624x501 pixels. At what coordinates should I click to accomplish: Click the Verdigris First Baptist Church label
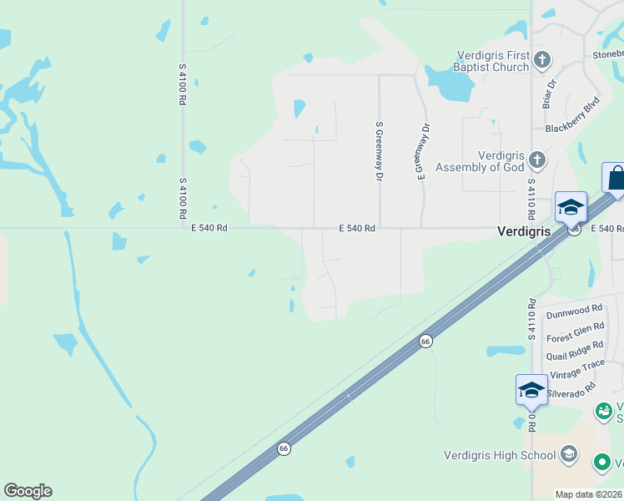pos(492,60)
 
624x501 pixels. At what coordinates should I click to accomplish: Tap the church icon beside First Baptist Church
pos(542,60)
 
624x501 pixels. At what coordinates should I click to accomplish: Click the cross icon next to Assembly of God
pos(537,159)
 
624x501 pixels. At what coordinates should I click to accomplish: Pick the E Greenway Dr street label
pos(422,151)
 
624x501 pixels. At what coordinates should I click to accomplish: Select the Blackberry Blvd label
pos(572,117)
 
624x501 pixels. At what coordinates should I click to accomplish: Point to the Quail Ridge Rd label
pos(574,351)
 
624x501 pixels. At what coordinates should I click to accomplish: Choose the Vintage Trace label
pos(576,370)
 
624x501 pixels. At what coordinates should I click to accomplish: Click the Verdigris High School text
pos(500,455)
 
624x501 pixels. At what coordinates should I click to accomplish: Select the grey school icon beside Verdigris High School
pos(569,454)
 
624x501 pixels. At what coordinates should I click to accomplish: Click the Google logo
pos(28,491)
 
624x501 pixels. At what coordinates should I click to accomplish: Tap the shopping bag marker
pos(616,178)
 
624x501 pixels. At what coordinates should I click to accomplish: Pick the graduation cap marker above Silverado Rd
pos(531,389)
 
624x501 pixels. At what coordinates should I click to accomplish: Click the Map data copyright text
pos(589,494)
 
